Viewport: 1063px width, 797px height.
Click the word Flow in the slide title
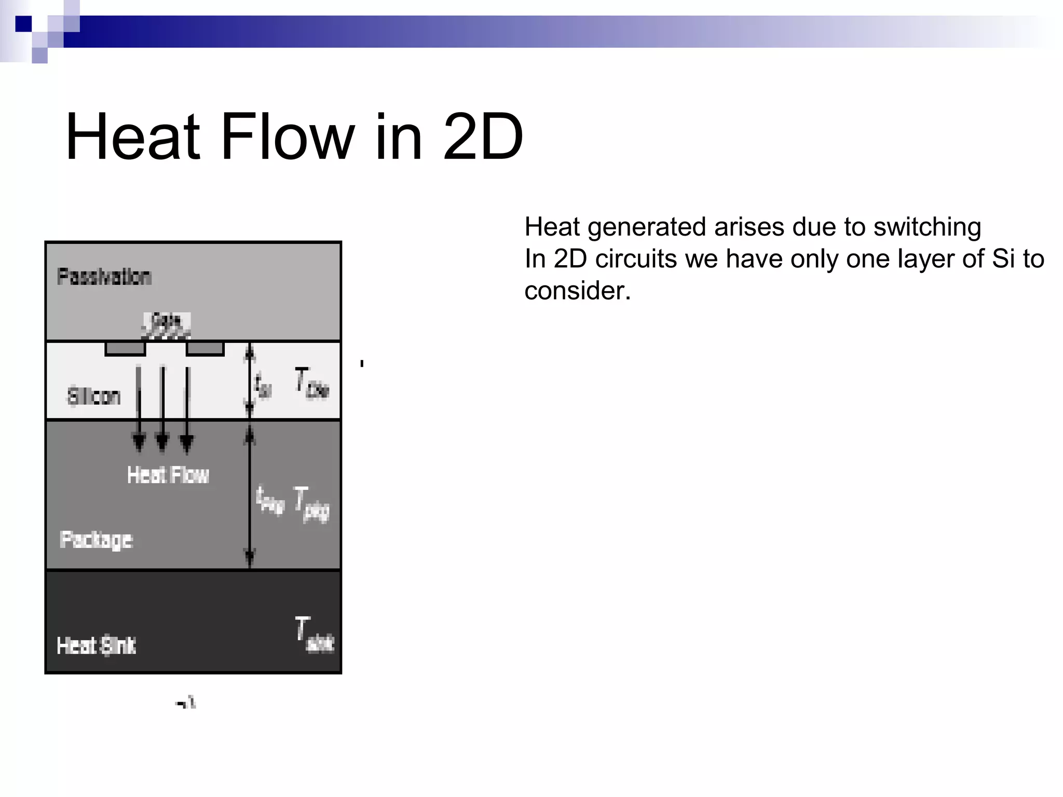pyautogui.click(x=288, y=138)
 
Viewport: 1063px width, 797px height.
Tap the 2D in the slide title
pyautogui.click(x=483, y=138)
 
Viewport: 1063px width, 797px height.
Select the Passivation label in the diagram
pyautogui.click(x=104, y=277)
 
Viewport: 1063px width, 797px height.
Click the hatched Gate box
pyautogui.click(x=167, y=325)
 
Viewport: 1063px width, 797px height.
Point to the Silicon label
pyautogui.click(x=94, y=396)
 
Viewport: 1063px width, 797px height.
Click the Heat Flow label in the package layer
pyautogui.click(x=168, y=475)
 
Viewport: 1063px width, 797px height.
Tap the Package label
pyautogui.click(x=97, y=540)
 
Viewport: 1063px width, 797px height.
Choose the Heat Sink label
pyautogui.click(x=97, y=645)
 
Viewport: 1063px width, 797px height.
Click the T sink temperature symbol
pyautogui.click(x=314, y=634)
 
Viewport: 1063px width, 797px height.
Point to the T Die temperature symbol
pyautogui.click(x=311, y=384)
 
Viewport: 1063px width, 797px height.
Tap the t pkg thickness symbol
pyautogui.click(x=270, y=500)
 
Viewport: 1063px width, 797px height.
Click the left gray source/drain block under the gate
pyautogui.click(x=125, y=349)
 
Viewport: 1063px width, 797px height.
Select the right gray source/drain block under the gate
pyautogui.click(x=205, y=349)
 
